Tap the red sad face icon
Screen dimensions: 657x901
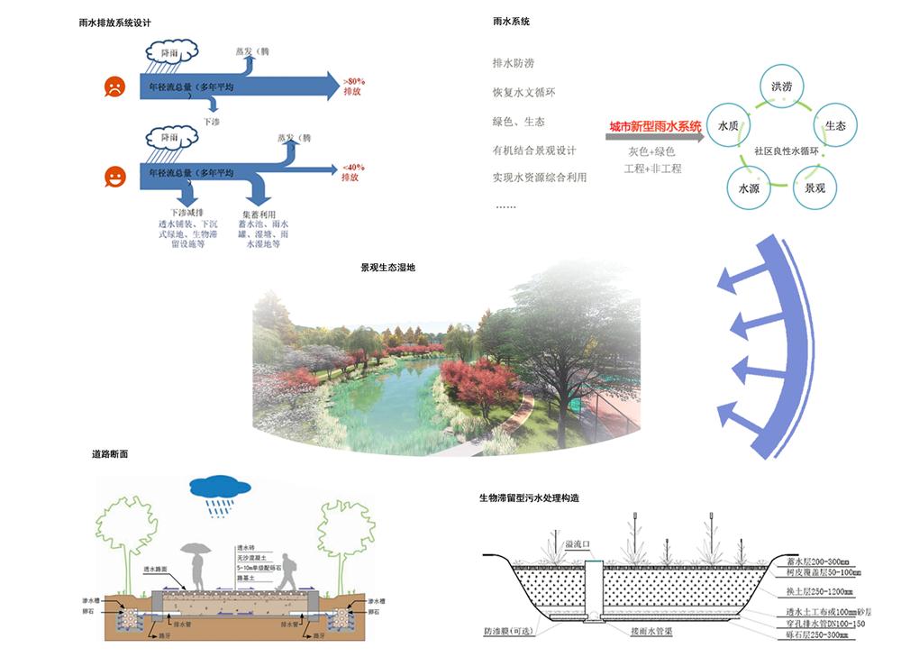(x=114, y=87)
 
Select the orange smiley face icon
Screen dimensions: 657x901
(x=114, y=176)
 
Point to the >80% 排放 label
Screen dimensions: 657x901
(x=353, y=87)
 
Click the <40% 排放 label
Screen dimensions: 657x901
(x=353, y=172)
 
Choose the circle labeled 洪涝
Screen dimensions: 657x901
(x=781, y=87)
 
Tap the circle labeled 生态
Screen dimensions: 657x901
(x=835, y=127)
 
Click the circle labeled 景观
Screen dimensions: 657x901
(x=815, y=188)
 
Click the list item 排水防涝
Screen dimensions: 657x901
(x=513, y=64)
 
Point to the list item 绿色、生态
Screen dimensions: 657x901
(x=518, y=122)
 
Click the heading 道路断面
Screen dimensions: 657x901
(x=110, y=454)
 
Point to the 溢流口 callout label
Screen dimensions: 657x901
(x=577, y=544)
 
